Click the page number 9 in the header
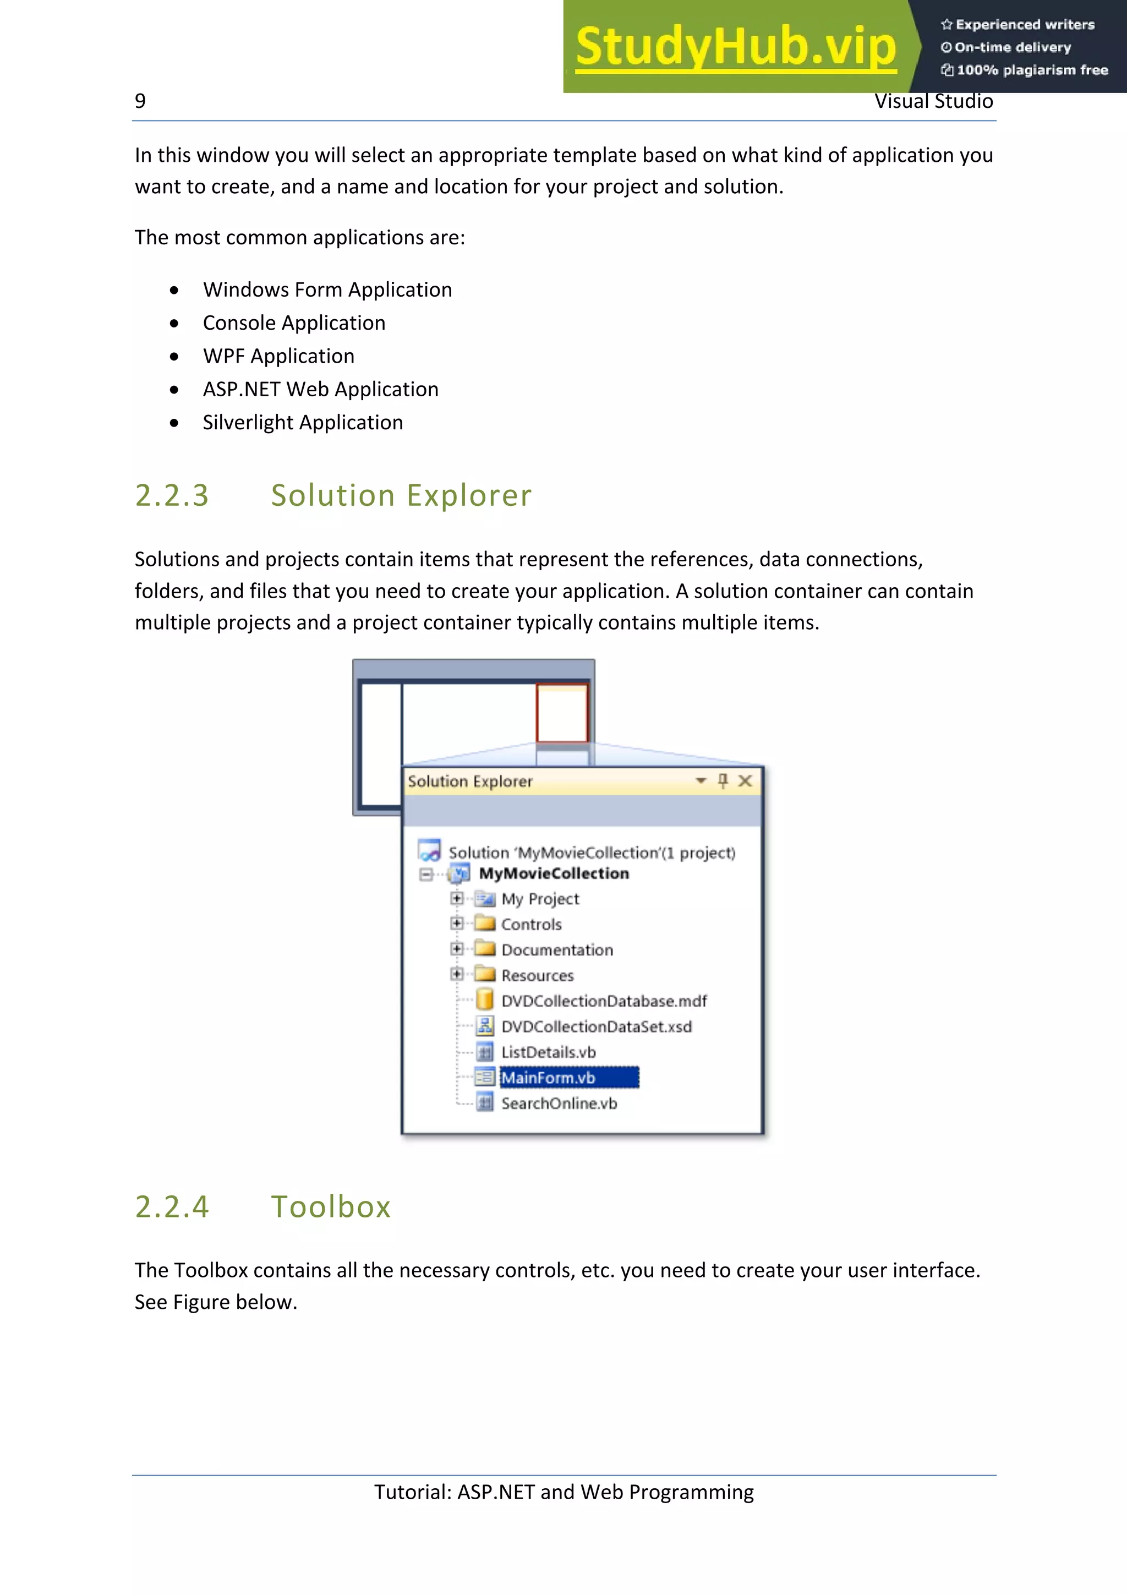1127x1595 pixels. (140, 101)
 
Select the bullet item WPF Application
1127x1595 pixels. (278, 357)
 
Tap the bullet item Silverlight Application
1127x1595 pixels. (303, 422)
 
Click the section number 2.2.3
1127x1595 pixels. (172, 495)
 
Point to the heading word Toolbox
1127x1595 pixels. (331, 1206)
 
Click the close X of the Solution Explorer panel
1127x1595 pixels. (745, 781)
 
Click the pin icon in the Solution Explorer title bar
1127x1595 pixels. (723, 781)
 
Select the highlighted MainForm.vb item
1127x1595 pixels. (548, 1078)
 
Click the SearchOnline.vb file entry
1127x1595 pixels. (559, 1103)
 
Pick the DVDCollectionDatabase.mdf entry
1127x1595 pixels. (604, 1001)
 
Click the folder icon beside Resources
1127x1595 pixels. (485, 974)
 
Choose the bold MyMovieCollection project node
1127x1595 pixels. (554, 873)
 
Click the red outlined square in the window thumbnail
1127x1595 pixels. (562, 713)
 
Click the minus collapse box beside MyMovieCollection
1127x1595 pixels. (426, 874)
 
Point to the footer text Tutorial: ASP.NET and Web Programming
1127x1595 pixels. (564, 1492)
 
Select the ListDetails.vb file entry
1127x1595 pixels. (548, 1052)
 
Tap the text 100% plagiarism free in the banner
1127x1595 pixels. (1032, 70)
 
